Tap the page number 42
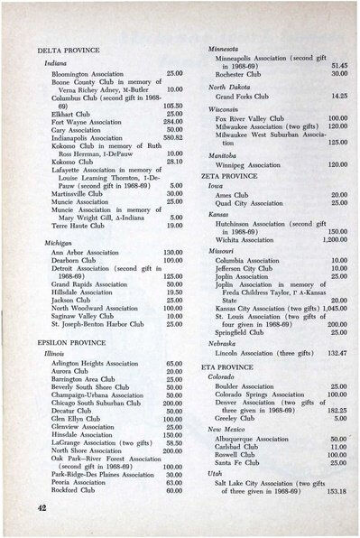coord(37,509)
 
